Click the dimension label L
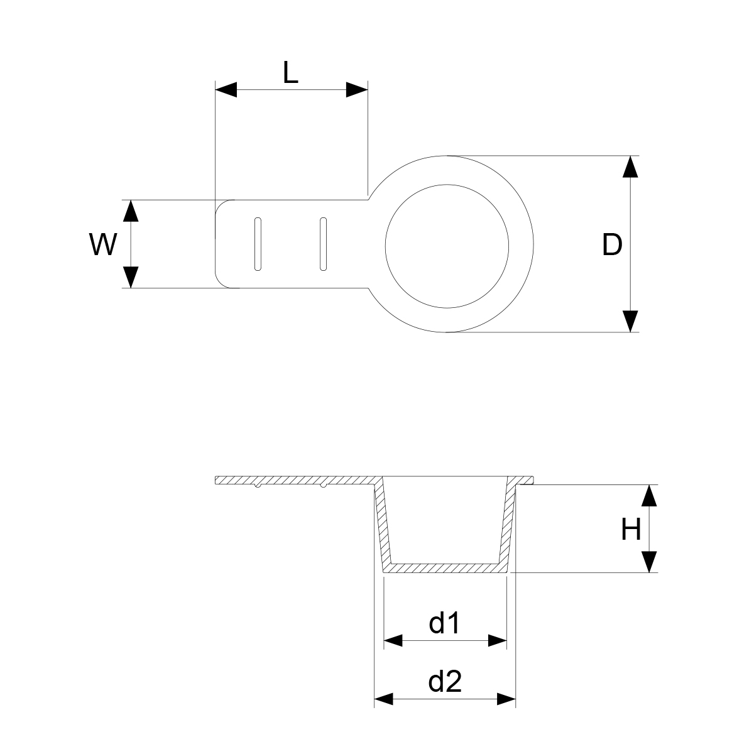pos(290,72)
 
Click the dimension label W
pos(103,244)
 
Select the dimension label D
pos(612,244)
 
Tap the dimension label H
pos(631,530)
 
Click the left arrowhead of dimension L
pos(226,90)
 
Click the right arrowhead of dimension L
pos(357,90)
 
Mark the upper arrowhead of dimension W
pos(131,211)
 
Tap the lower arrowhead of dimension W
pos(131,277)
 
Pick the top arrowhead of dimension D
pos(630,167)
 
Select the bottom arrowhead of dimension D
pos(630,321)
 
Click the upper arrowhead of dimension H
pos(649,495)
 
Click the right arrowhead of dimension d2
pos(506,699)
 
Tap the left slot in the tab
pos(258,244)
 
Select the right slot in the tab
pos(323,244)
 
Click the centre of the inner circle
pos(447,246)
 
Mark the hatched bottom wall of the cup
pos(445,568)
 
